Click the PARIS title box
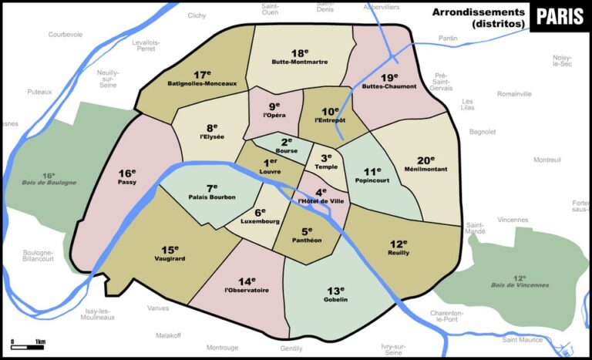coord(560,16)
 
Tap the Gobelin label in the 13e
coord(336,299)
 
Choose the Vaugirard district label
coord(170,259)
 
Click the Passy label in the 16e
coord(127,183)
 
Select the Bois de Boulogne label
coord(49,183)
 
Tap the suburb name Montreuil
coord(547,160)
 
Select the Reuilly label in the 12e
coord(399,253)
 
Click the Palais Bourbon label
coord(212,197)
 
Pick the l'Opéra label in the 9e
coord(274,116)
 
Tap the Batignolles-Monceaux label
coord(202,82)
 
